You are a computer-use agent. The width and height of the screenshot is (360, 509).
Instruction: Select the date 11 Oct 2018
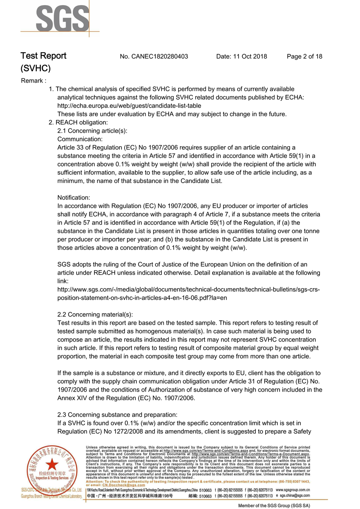click(x=241, y=56)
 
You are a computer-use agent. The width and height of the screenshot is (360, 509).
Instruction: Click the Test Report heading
click(x=43, y=56)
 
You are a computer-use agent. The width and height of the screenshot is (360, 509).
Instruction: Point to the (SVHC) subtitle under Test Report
click(x=36, y=68)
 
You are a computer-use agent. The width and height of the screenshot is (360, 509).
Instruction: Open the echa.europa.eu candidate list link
click(x=129, y=106)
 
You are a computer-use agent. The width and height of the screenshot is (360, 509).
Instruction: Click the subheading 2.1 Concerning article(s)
click(x=92, y=131)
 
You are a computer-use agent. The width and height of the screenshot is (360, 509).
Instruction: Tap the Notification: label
click(x=74, y=197)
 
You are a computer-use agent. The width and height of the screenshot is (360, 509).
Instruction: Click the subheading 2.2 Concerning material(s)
click(x=95, y=314)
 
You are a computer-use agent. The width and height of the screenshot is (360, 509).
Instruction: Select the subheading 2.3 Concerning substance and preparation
click(x=117, y=414)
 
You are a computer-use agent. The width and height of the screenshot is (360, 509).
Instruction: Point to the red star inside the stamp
click(x=52, y=464)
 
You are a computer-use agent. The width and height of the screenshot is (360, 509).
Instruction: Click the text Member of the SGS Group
click(x=274, y=506)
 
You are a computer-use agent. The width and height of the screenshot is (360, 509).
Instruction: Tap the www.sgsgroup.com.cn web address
click(x=293, y=490)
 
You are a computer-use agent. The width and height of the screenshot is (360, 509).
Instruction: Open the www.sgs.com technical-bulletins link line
click(x=188, y=289)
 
